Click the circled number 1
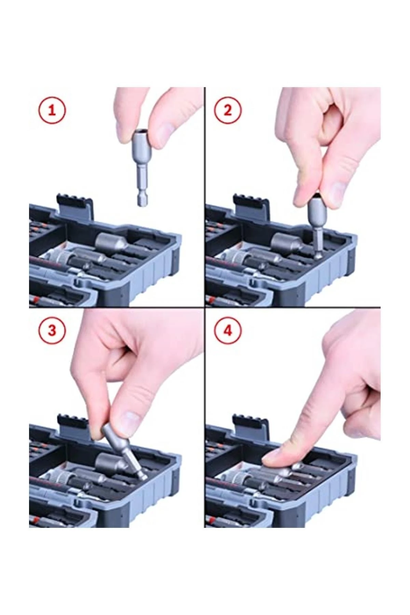pyautogui.click(x=51, y=111)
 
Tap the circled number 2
pyautogui.click(x=228, y=110)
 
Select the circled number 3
pyautogui.click(x=51, y=330)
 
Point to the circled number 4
pyautogui.click(x=228, y=330)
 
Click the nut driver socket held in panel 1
pyautogui.click(x=142, y=167)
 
